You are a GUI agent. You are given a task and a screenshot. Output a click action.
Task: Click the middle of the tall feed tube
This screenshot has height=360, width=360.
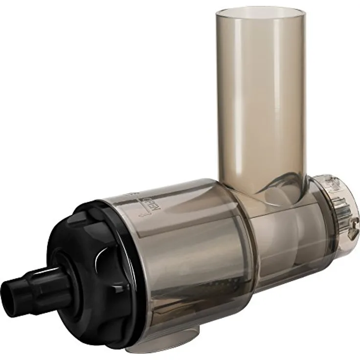[260, 98]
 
